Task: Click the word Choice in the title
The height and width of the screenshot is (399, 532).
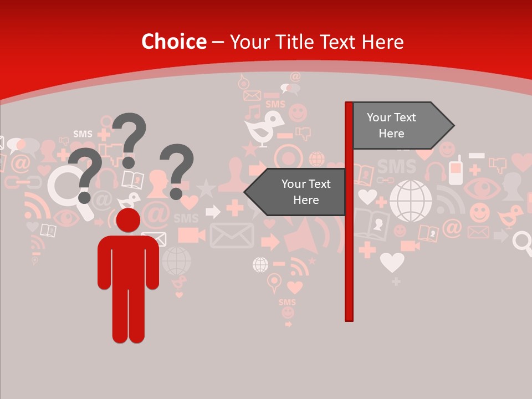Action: pos(173,42)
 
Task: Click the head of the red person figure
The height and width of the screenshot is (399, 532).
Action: pos(129,220)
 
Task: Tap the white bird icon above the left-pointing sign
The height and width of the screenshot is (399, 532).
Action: pos(264,127)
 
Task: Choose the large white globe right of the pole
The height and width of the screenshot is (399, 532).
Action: pos(411,201)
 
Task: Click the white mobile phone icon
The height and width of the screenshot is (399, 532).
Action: pos(456,171)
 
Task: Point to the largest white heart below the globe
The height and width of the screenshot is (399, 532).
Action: pos(392,262)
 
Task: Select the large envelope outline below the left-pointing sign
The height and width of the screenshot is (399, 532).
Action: pos(232,235)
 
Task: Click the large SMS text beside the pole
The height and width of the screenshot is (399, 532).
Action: pos(397,166)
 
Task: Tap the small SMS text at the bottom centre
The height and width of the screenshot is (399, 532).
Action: pos(287,302)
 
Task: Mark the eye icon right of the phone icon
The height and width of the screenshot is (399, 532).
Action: pos(481,188)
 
